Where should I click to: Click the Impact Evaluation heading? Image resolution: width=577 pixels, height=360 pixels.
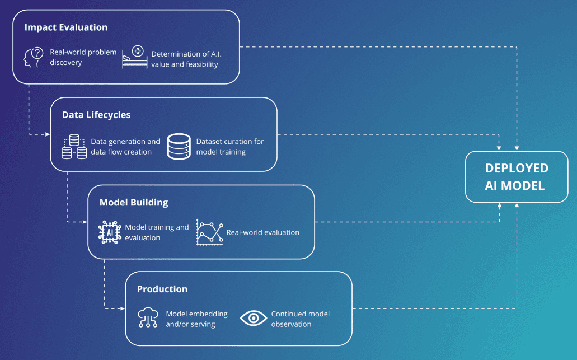point(66,27)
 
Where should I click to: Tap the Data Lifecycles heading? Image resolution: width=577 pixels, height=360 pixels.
point(96,115)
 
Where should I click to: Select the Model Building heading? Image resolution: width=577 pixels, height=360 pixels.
point(134,203)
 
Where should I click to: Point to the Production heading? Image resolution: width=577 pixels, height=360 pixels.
point(162,289)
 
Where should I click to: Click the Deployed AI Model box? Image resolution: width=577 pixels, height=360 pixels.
point(517,177)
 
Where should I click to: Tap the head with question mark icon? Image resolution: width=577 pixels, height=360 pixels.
point(34,58)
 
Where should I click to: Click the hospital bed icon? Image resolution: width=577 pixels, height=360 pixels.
point(135,57)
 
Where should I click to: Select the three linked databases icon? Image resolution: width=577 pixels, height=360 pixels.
point(74,147)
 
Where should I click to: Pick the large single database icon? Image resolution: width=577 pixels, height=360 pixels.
point(179,147)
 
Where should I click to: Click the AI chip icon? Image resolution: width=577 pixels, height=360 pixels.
point(110,232)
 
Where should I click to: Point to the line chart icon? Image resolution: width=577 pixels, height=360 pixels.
point(209,232)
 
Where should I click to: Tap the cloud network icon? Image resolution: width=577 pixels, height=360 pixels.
point(148,317)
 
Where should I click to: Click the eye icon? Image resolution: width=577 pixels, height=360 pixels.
point(254,318)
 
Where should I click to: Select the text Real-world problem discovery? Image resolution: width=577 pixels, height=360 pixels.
point(83,58)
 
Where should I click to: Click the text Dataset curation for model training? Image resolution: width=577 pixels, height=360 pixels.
point(229,147)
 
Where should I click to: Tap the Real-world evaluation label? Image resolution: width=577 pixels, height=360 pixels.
point(262,233)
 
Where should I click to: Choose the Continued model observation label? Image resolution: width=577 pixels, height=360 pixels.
point(301,319)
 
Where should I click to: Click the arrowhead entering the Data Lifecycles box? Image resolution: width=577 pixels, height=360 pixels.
point(48,134)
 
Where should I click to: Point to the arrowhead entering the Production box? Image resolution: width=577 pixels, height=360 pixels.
point(123,308)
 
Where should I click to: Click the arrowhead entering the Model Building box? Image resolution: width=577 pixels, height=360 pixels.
point(85,222)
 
